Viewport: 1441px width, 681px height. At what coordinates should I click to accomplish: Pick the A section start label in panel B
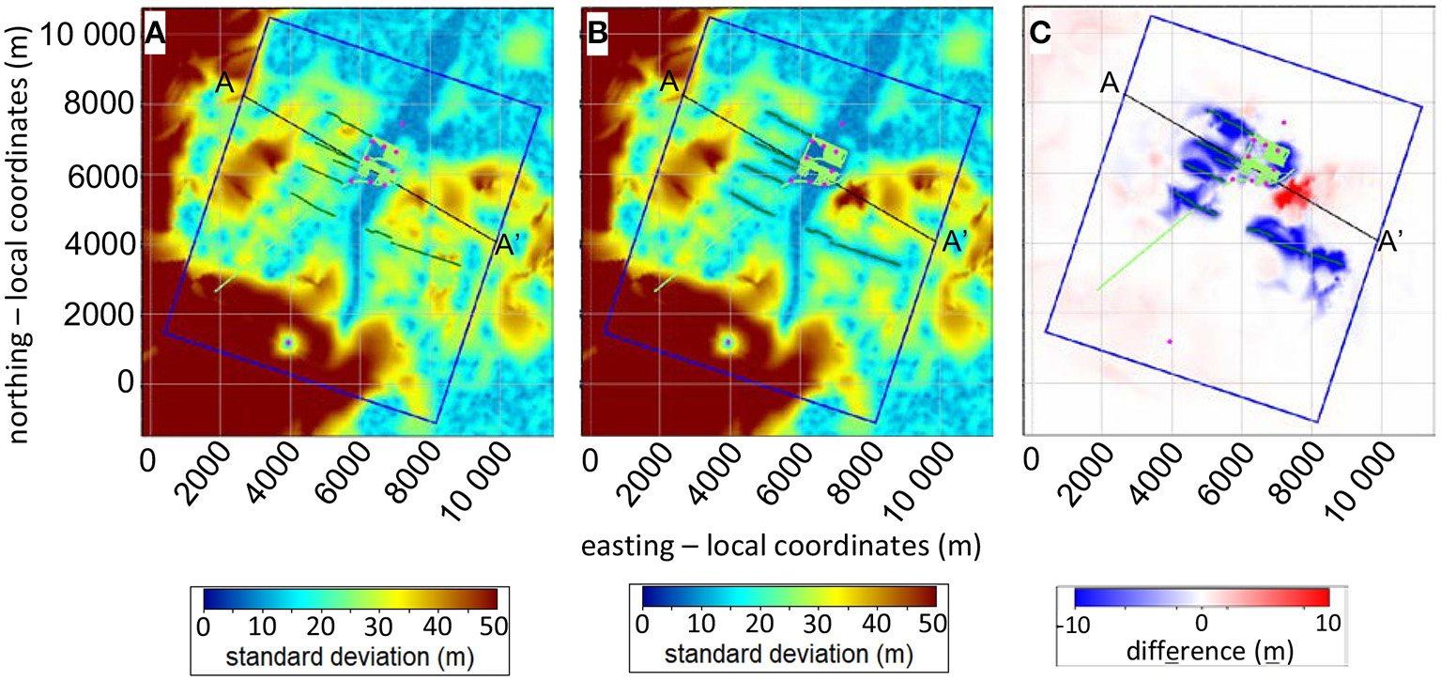(668, 83)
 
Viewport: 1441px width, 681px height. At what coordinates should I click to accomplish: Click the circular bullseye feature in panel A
(288, 343)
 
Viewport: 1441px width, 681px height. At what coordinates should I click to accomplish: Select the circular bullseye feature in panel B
(728, 343)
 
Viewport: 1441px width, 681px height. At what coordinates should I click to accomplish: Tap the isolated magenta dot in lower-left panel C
(1169, 342)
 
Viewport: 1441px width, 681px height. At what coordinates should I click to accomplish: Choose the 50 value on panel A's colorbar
(494, 623)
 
